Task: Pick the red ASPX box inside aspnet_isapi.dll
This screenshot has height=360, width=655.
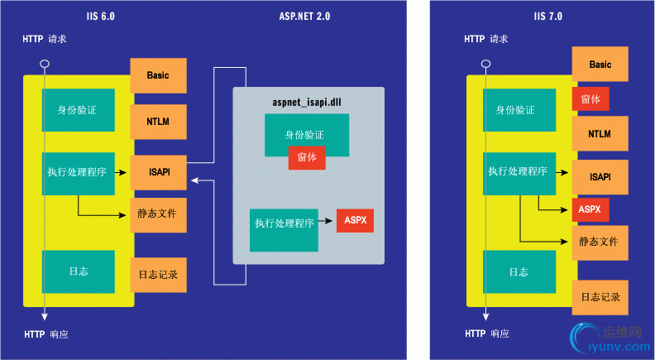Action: (x=356, y=220)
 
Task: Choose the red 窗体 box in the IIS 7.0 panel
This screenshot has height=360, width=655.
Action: (x=590, y=99)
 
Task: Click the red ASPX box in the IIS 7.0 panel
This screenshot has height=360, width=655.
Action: (x=590, y=209)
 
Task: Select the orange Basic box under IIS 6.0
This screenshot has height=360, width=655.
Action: (x=158, y=75)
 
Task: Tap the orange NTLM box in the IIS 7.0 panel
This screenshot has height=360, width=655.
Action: (x=600, y=133)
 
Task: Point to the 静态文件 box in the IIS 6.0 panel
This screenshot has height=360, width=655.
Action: (x=158, y=214)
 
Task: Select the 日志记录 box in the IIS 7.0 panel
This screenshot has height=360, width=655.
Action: (x=600, y=296)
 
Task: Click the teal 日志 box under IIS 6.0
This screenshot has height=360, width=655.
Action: (x=79, y=271)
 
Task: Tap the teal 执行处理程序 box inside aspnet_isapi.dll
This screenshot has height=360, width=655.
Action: (x=284, y=223)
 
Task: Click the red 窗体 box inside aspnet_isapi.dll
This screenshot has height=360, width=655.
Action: (x=307, y=156)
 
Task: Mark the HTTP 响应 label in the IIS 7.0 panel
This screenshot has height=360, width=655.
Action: (x=487, y=334)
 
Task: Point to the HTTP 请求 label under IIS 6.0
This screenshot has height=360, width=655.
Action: (x=57, y=39)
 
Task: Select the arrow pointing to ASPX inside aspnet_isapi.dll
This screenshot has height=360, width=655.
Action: (x=327, y=221)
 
